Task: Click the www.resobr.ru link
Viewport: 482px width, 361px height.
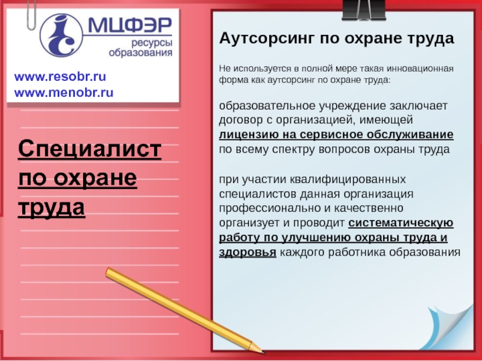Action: coord(60,77)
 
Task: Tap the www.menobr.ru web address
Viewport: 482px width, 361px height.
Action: coord(64,93)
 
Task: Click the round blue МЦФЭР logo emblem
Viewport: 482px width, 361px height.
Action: coord(61,35)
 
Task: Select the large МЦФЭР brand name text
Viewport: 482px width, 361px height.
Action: coord(130,26)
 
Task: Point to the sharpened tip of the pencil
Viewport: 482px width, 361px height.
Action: coord(262,351)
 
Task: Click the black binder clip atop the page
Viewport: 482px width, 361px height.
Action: coord(364,10)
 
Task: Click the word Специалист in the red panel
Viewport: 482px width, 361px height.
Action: coord(90,149)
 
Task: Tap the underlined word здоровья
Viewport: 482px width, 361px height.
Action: coord(248,252)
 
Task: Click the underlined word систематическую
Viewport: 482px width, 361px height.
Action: coord(401,223)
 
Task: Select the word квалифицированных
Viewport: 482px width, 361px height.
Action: coord(348,179)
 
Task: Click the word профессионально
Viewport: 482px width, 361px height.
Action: coord(269,208)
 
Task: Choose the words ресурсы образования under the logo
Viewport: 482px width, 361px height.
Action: coord(140,48)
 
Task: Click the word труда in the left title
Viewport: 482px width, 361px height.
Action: coord(52,207)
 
